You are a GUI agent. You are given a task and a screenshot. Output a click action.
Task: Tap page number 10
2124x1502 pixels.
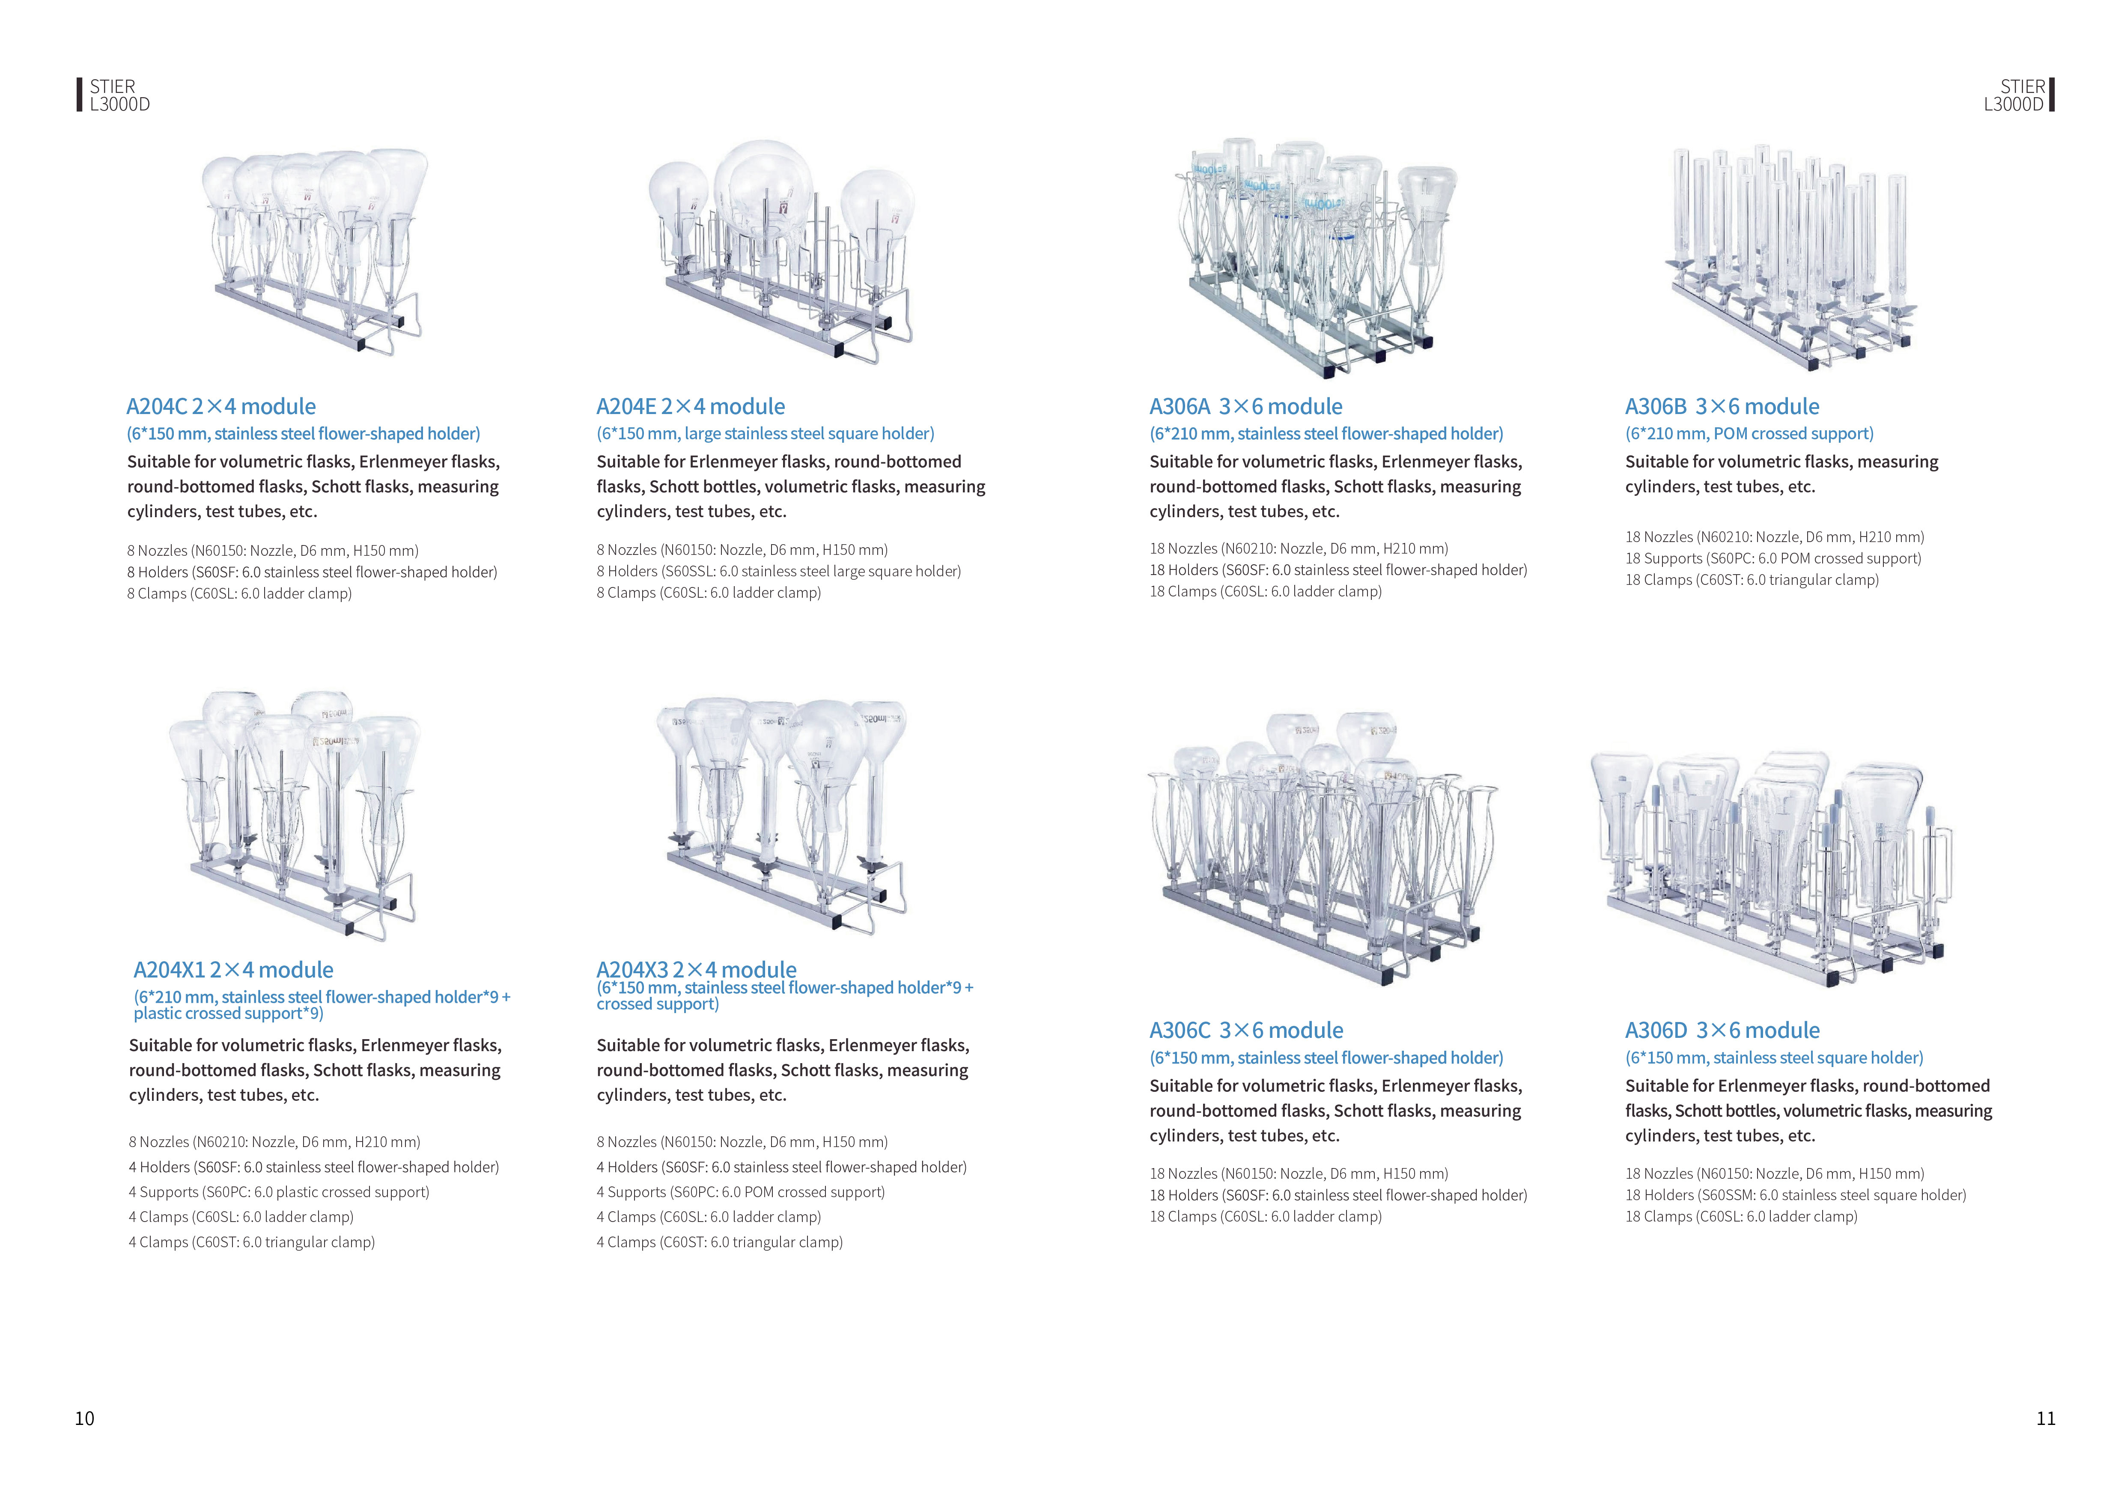coord(84,1418)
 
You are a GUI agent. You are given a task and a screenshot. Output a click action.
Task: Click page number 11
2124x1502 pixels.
coord(2045,1418)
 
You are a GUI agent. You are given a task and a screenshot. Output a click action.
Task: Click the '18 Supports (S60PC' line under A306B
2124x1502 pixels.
coord(1773,559)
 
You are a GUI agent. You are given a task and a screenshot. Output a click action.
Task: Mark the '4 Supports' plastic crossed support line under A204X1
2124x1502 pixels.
coord(280,1192)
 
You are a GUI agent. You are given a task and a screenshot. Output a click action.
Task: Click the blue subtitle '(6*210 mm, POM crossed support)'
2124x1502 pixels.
coord(1749,434)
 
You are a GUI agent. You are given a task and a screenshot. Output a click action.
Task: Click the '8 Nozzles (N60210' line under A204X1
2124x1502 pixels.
coord(275,1142)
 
